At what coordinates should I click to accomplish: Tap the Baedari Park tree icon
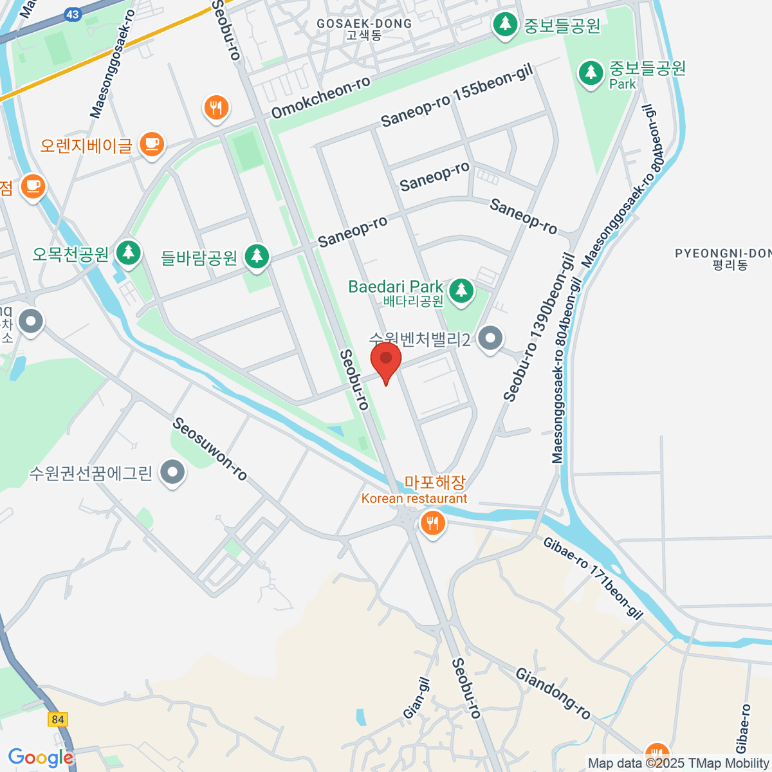[461, 290]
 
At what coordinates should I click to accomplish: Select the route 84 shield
[58, 719]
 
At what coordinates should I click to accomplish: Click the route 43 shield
[72, 14]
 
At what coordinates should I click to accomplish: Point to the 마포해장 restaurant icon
[432, 523]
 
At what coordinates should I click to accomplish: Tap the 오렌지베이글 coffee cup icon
[152, 143]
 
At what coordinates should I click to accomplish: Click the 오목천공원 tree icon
[129, 252]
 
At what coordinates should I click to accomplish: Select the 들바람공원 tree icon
[257, 256]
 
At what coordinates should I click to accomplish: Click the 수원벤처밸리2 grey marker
[491, 338]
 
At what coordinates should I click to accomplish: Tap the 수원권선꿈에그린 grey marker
[172, 473]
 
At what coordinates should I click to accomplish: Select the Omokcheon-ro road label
[320, 98]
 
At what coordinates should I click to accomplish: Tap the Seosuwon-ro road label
[210, 449]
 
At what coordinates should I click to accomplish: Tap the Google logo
[40, 758]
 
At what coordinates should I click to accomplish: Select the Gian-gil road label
[416, 698]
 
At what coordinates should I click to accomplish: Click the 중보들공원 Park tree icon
[590, 73]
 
